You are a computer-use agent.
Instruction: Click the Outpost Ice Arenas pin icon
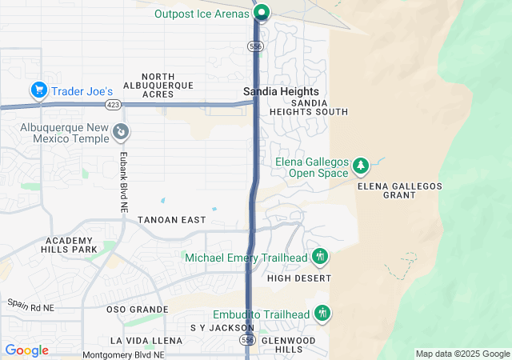[261, 12]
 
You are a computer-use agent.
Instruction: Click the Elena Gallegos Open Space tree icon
[361, 166]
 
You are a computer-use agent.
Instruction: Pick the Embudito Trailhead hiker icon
[322, 313]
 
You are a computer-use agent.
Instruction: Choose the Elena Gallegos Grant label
[399, 190]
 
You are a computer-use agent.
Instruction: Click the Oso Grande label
[137, 309]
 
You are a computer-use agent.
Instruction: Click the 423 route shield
[112, 104]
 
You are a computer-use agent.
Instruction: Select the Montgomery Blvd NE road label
[123, 354]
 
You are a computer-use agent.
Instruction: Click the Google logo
[26, 350]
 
